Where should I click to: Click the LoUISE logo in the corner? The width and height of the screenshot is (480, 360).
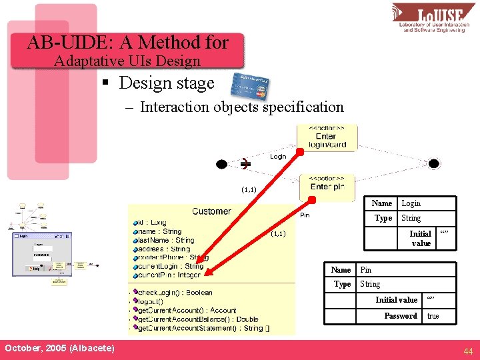pyautogui.click(x=433, y=18)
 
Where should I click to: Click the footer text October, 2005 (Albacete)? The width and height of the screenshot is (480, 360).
pyautogui.click(x=59, y=349)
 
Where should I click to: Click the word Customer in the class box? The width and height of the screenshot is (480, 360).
pyautogui.click(x=211, y=211)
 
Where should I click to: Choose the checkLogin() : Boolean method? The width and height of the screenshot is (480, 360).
pyautogui.click(x=175, y=293)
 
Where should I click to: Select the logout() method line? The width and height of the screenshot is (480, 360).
pyautogui.click(x=151, y=301)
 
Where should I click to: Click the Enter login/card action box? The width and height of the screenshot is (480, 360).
pyautogui.click(x=326, y=137)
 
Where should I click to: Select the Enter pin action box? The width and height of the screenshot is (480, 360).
pyautogui.click(x=327, y=184)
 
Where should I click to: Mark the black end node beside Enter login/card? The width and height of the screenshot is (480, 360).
pyautogui.click(x=434, y=163)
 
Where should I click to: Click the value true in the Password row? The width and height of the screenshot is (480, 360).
pyautogui.click(x=433, y=316)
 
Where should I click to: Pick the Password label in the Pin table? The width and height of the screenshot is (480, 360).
pyautogui.click(x=401, y=316)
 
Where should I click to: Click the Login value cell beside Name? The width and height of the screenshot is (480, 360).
pyautogui.click(x=411, y=203)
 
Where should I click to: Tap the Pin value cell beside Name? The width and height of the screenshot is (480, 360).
pyautogui.click(x=366, y=270)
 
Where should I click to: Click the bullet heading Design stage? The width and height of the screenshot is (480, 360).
pyautogui.click(x=166, y=83)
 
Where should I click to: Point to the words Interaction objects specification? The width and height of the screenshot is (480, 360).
pyautogui.click(x=241, y=107)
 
